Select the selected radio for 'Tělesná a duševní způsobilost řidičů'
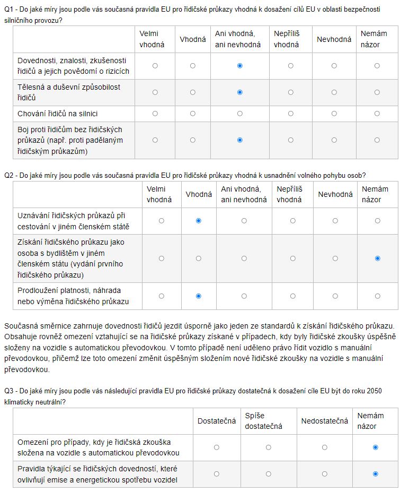pos(240,92)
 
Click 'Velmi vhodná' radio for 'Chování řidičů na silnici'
pos(155,114)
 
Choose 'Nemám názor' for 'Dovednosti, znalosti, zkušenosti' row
pos(377,66)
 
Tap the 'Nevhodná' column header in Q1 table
pos(334,39)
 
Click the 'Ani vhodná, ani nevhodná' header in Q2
pos(244,194)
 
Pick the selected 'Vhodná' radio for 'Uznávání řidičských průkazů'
pos(199,221)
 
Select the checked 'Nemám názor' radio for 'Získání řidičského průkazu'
pos(377,258)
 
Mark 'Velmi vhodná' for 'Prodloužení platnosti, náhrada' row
pos(161,296)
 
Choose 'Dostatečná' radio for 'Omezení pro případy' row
pos(216,447)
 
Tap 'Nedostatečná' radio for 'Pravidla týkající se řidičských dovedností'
pos(324,474)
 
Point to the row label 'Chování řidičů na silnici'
pos(58,114)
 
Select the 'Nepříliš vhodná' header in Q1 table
pos(287,39)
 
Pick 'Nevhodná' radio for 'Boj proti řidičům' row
pos(334,140)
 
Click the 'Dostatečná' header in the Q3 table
pos(216,421)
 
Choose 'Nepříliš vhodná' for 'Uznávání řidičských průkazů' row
pos(292,221)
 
